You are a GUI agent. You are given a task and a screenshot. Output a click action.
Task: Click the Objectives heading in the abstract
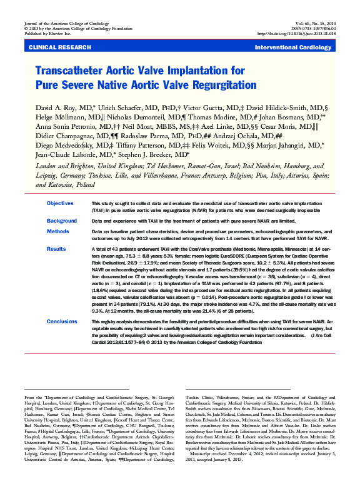click(x=61, y=204)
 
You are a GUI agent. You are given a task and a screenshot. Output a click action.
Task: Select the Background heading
click(x=62, y=221)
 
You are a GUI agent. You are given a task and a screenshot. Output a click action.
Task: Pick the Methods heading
click(x=57, y=231)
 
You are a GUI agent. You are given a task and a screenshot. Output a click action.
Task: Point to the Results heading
click(x=56, y=249)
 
